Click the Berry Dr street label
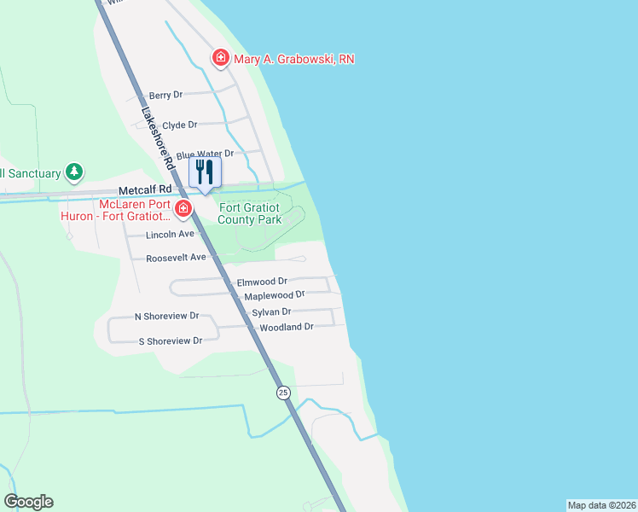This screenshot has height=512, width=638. [x=166, y=96]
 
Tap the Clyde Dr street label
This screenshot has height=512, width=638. [x=179, y=125]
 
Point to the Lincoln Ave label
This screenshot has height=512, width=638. [x=171, y=234]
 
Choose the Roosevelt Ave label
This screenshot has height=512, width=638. [x=177, y=257]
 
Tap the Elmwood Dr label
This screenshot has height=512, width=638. [x=262, y=281]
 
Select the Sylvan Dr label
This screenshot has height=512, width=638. [x=271, y=312]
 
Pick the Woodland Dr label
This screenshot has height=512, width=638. [x=287, y=327]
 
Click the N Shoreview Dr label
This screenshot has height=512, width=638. [x=166, y=316]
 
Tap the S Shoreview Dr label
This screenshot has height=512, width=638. [x=170, y=340]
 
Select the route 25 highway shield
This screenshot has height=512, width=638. [x=283, y=393]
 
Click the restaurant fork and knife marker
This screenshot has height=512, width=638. [x=204, y=172]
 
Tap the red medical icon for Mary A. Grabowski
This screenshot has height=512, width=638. [x=221, y=58]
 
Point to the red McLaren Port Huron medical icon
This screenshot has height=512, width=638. [x=183, y=208]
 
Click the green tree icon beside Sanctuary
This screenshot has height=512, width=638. [x=74, y=173]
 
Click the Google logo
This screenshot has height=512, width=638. [x=28, y=502]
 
